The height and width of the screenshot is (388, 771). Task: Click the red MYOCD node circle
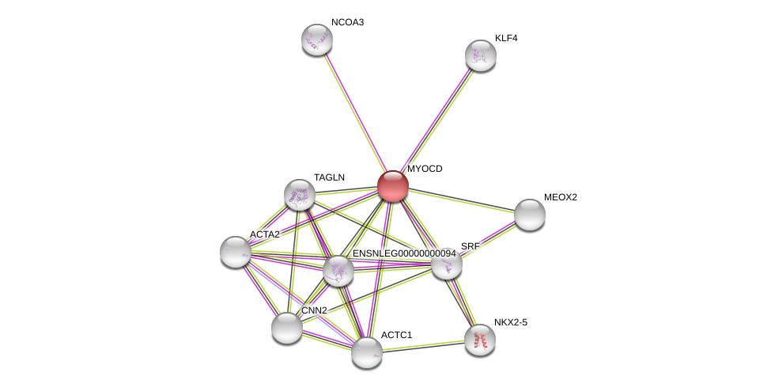point(392,186)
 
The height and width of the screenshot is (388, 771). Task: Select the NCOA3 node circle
point(316,40)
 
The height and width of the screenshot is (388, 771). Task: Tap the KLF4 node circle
point(480,55)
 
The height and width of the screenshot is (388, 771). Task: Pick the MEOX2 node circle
point(529,215)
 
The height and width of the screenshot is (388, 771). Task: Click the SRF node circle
point(446,264)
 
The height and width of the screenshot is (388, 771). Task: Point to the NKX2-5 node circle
point(479,340)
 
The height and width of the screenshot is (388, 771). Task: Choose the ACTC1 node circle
point(366,352)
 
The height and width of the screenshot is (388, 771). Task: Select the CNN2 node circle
point(286,327)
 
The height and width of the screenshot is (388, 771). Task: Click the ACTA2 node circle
point(235,252)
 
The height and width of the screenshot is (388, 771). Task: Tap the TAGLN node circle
point(300,194)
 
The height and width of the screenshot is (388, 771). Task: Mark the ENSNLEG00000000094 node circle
point(338,271)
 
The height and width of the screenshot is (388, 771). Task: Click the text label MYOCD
point(425,169)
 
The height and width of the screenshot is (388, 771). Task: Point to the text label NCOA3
point(347,22)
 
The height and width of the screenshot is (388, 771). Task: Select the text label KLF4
point(506,38)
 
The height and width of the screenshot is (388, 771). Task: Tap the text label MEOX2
point(560,197)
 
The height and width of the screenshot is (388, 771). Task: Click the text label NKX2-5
point(510,322)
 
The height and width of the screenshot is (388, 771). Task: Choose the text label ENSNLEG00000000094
point(403,253)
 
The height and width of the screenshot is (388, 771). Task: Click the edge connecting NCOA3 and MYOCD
point(354,112)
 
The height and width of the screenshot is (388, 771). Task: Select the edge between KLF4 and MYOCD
point(437,120)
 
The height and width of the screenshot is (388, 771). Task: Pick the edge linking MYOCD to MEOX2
point(461,200)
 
